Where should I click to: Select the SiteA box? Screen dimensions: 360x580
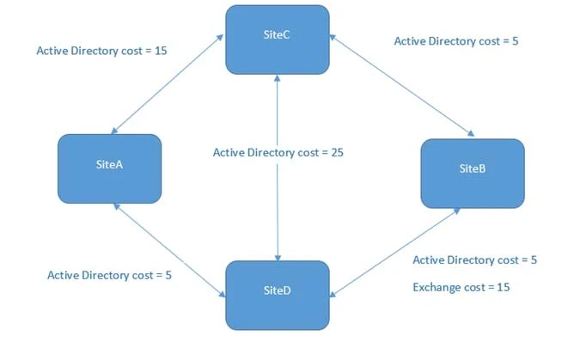(x=109, y=168)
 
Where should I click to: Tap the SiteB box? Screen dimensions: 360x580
(x=472, y=173)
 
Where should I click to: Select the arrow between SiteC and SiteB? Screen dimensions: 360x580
(x=400, y=86)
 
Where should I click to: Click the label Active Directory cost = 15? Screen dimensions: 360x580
(x=101, y=51)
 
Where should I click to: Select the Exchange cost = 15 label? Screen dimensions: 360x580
(x=461, y=286)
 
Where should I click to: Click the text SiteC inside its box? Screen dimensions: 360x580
(x=277, y=34)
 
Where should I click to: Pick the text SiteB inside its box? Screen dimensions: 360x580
(x=472, y=168)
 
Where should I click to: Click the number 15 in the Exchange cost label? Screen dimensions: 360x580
(x=503, y=286)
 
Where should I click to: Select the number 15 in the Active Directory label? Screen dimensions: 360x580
(x=159, y=51)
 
